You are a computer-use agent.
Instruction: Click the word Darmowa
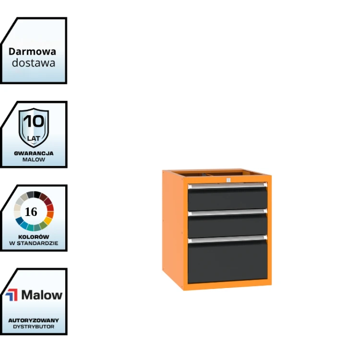pyautogui.click(x=32, y=52)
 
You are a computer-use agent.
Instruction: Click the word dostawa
pyautogui.click(x=34, y=63)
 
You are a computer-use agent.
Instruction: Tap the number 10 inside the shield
pyautogui.click(x=34, y=121)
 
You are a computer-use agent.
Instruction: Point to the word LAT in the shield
pyautogui.click(x=34, y=139)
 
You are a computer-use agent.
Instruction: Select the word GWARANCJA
pyautogui.click(x=34, y=154)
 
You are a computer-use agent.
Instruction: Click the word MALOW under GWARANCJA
pyautogui.click(x=34, y=159)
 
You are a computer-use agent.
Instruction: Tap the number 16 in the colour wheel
pyautogui.click(x=31, y=212)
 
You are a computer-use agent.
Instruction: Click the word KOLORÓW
pyautogui.click(x=34, y=237)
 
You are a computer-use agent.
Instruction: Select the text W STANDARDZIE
pyautogui.click(x=34, y=243)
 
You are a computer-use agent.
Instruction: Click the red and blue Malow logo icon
pyautogui.click(x=12, y=295)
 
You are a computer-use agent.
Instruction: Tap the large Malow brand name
pyautogui.click(x=42, y=295)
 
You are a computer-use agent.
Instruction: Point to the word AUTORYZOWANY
pyautogui.click(x=34, y=320)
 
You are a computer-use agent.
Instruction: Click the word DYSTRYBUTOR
pyautogui.click(x=34, y=327)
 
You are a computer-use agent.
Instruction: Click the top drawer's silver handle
pyautogui.click(x=228, y=185)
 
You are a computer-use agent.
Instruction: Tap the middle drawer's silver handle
pyautogui.click(x=228, y=212)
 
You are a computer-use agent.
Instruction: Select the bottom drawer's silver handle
pyautogui.click(x=228, y=239)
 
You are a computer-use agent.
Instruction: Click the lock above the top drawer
pyautogui.click(x=228, y=180)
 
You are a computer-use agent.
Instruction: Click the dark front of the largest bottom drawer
pyautogui.click(x=228, y=262)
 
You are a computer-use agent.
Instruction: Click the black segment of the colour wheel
pyautogui.click(x=37, y=194)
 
